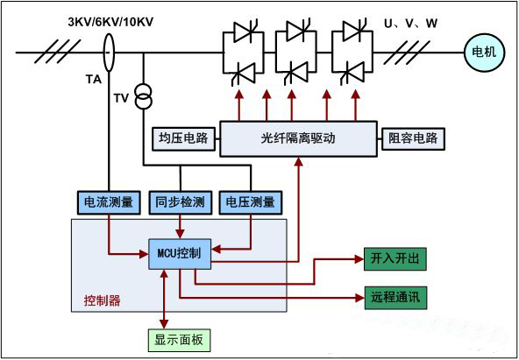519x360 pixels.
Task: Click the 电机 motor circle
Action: click(484, 53)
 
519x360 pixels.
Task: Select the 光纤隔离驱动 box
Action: click(298, 139)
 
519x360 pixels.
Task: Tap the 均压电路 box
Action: click(183, 138)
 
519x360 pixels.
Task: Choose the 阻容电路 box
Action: click(413, 138)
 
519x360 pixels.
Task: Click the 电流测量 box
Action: click(109, 202)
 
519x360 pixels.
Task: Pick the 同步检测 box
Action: click(180, 202)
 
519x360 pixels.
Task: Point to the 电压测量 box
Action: click(251, 202)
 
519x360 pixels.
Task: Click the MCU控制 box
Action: click(180, 254)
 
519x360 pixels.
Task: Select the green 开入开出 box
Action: click(395, 259)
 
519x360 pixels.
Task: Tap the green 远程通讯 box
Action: click(395, 298)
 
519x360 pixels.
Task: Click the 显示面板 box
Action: click(179, 340)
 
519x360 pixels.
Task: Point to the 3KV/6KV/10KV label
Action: click(110, 23)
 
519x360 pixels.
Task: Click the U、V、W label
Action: click(410, 24)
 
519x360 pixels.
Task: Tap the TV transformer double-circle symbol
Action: click(144, 96)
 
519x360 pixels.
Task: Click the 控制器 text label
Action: click(102, 300)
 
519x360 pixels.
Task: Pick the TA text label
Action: click(94, 80)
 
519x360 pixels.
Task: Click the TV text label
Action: click(121, 98)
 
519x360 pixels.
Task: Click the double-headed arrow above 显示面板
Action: click(164, 300)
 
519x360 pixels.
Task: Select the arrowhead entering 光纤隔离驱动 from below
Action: click(299, 161)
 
